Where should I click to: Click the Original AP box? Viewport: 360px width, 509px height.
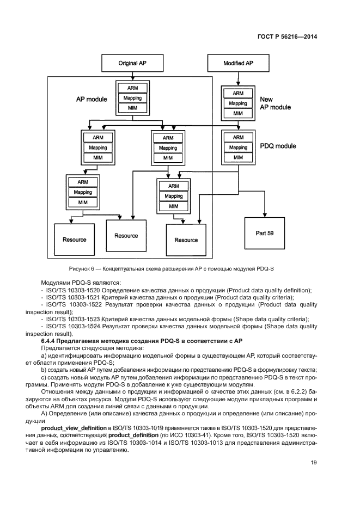pos(132,63)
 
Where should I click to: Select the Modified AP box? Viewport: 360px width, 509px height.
pos(238,63)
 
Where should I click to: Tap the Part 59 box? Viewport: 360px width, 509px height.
pos(265,233)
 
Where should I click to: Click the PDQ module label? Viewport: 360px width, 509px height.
pos(278,146)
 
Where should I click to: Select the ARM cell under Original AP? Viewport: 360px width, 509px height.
pos(132,88)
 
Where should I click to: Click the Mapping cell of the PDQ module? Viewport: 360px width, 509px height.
pos(238,147)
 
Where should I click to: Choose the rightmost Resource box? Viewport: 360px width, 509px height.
pos(186,240)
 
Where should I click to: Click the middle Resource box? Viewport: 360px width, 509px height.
pos(126,236)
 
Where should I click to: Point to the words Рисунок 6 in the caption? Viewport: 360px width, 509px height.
pos(82,269)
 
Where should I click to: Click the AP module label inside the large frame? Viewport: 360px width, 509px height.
pos(91,99)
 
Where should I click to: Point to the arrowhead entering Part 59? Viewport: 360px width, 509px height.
pos(265,213)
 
